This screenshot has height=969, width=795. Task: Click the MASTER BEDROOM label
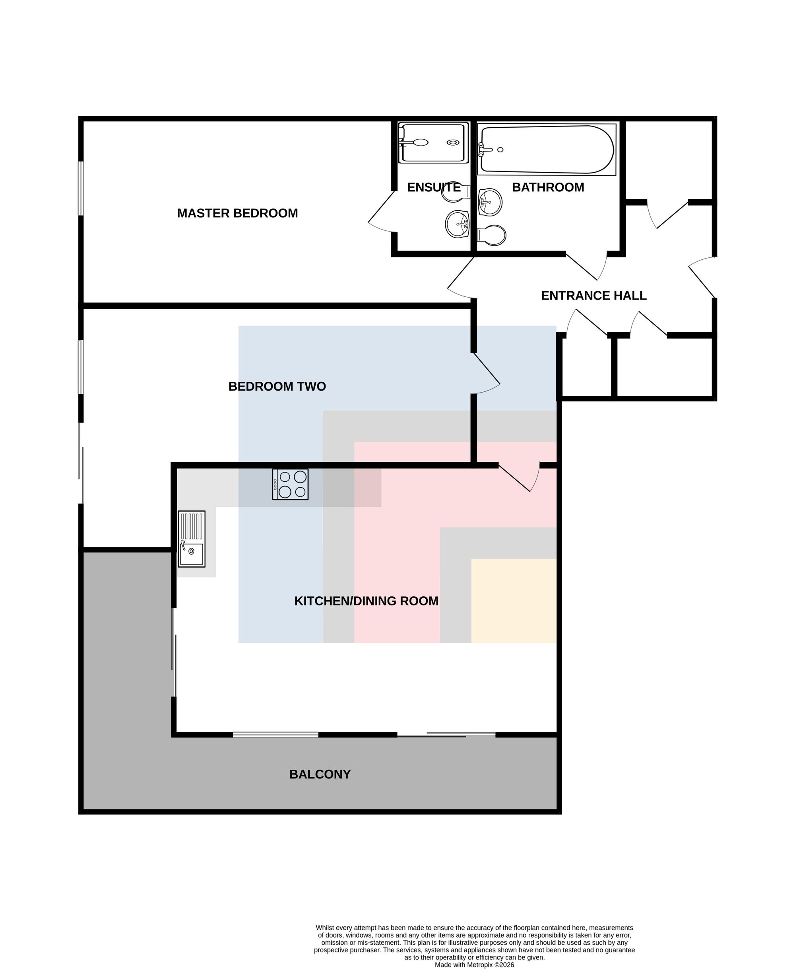point(237,213)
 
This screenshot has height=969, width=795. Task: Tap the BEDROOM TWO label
point(277,386)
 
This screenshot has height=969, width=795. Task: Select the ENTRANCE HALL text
point(593,296)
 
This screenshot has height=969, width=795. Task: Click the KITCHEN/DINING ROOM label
point(366,601)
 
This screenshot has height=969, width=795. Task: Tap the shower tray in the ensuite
point(433,142)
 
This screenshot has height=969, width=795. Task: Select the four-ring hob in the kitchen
point(290,484)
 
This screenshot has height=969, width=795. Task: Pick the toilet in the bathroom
point(492,235)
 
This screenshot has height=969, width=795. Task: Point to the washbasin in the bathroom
point(490,202)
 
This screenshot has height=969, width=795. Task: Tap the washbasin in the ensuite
point(458,224)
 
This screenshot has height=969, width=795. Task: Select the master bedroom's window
point(81,188)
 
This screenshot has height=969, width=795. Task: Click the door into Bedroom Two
point(486,374)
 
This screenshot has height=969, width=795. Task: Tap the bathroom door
point(587,266)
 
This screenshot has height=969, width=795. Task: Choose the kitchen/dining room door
point(519,478)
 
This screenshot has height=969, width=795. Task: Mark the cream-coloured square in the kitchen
point(514,601)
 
